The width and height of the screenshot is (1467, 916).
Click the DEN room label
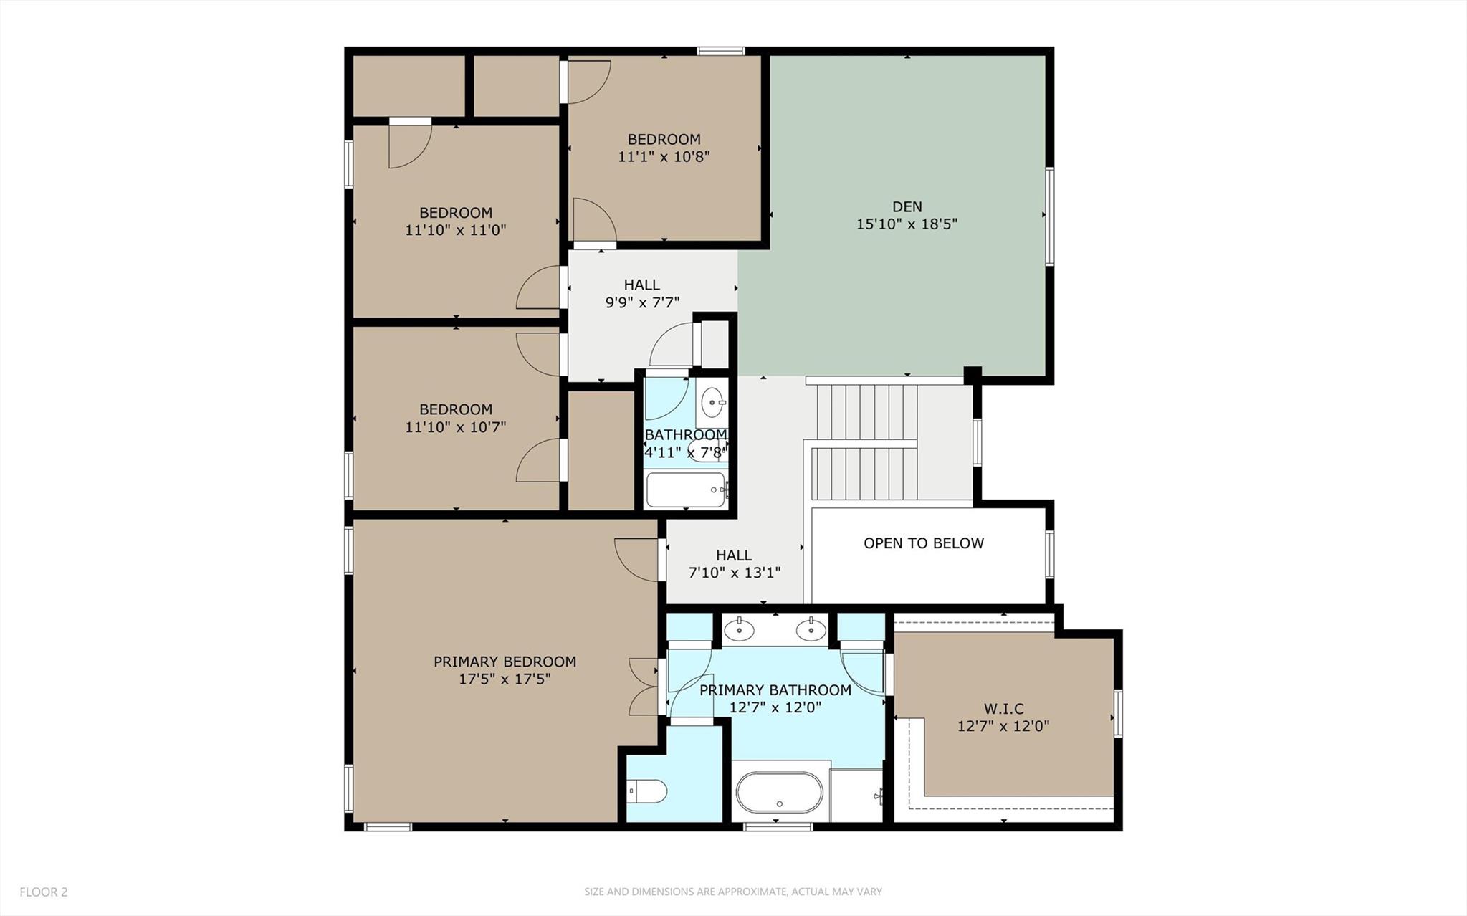pos(907,207)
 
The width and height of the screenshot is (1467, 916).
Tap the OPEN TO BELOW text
pos(923,543)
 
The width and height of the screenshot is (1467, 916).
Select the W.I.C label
pos(1003,709)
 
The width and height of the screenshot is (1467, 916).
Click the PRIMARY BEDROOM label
pos(505,662)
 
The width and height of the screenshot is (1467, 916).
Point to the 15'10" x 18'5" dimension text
pos(907,224)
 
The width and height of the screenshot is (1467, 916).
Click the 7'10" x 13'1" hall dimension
pos(734,573)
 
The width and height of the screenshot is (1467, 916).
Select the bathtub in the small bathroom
pos(687,490)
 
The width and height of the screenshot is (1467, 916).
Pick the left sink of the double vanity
pos(739,630)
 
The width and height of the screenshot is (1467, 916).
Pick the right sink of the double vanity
pos(811,630)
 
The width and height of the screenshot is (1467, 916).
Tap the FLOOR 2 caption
pos(44,892)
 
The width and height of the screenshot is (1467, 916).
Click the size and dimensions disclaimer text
pos(733,892)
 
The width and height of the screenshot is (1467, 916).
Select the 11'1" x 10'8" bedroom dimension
pos(664,156)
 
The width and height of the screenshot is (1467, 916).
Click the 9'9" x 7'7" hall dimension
pos(642,302)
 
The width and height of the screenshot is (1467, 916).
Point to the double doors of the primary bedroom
pos(643,687)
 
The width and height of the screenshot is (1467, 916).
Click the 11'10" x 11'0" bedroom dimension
pos(456,230)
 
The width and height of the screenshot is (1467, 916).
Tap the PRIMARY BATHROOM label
pos(775,690)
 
